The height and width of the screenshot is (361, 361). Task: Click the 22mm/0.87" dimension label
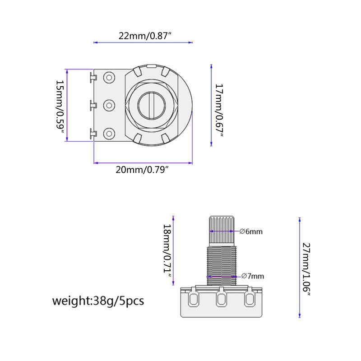tap(145, 36)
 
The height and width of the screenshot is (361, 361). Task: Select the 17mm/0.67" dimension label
tap(219, 110)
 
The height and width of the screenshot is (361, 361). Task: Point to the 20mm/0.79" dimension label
tap(142, 170)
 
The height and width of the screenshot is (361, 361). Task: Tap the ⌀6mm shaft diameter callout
tap(251, 231)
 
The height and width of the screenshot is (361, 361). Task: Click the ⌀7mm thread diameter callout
tap(253, 276)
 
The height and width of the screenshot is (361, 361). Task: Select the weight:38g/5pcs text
tap(98, 301)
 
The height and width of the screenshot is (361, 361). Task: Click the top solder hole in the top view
tap(109, 77)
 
